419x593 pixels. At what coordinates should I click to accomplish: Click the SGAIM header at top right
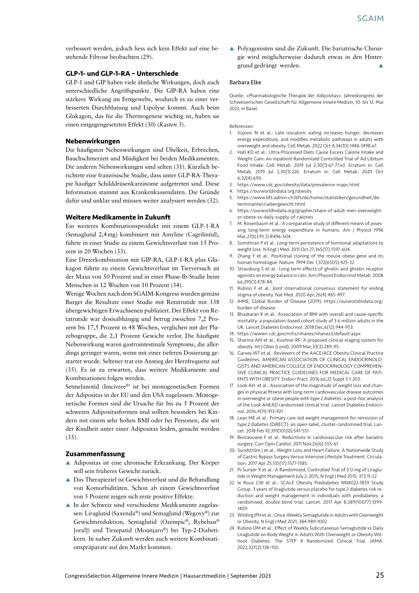[x=370, y=18]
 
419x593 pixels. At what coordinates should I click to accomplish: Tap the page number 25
[x=380, y=575]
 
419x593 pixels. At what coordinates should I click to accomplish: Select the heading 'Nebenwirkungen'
[x=93, y=141]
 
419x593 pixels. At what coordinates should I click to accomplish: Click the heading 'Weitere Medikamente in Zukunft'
[x=118, y=217]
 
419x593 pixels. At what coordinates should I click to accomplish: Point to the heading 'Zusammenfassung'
[x=95, y=454]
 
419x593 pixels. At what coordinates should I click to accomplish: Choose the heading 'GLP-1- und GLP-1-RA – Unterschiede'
[x=122, y=74]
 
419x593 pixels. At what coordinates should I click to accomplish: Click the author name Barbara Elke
[x=245, y=82]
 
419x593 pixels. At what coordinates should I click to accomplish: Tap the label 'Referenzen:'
[x=241, y=126]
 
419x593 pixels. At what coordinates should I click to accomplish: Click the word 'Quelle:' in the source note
[x=237, y=96]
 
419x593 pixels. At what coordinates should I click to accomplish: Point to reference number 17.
[x=232, y=385]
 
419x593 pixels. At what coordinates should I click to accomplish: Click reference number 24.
[x=232, y=528]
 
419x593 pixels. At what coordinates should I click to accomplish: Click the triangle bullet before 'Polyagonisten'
[x=232, y=49]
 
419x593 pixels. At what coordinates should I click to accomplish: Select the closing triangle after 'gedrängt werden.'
[x=381, y=66]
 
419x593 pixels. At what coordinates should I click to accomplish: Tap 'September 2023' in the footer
[x=250, y=576]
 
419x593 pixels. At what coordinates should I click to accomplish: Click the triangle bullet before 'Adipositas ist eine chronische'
[x=68, y=463]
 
